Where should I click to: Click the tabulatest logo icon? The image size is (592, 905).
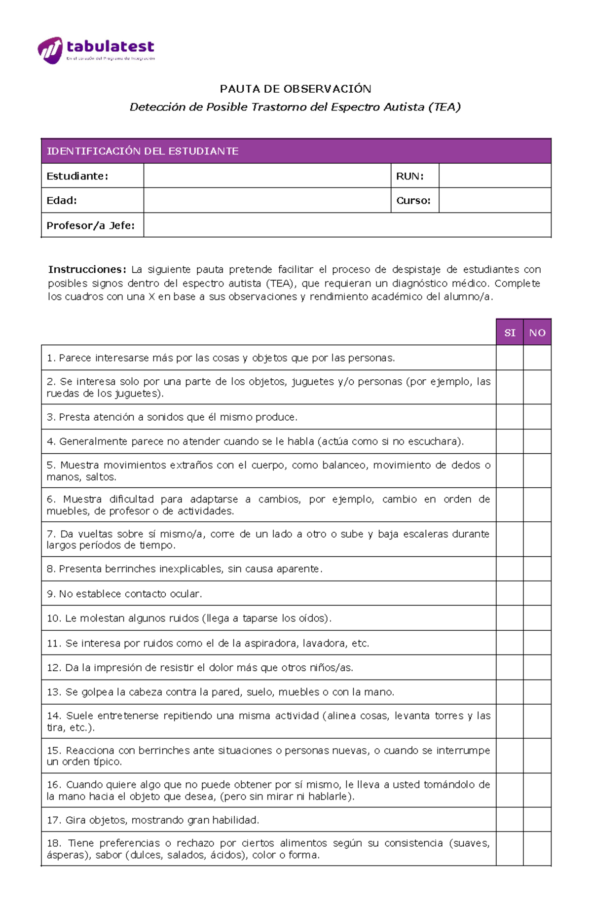coord(50,50)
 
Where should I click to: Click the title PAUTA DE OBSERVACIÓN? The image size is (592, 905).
coord(296,89)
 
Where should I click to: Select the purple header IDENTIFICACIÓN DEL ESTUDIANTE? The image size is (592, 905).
coord(143,151)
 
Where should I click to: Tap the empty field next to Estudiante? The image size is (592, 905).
coord(267,176)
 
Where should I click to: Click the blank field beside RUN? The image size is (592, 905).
coord(495,176)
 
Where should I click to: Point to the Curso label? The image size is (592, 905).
coord(413,201)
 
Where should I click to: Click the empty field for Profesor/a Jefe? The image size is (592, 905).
coord(347,225)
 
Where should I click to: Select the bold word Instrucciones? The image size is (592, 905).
coord(87,269)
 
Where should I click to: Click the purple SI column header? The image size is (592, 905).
coord(510,332)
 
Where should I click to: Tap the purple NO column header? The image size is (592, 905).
coord(537,332)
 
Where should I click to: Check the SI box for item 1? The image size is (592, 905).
coord(510,358)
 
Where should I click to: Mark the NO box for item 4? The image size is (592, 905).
coord(537,441)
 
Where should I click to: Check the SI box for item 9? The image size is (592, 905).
coord(510,593)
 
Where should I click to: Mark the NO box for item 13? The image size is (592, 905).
coord(537,692)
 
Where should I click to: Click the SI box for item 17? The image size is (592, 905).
coord(510,820)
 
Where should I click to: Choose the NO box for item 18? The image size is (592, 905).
coord(537,849)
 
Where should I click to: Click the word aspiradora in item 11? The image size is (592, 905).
coord(273,643)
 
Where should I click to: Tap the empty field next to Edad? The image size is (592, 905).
coord(267,201)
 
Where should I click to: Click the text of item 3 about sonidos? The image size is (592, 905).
coord(172,417)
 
